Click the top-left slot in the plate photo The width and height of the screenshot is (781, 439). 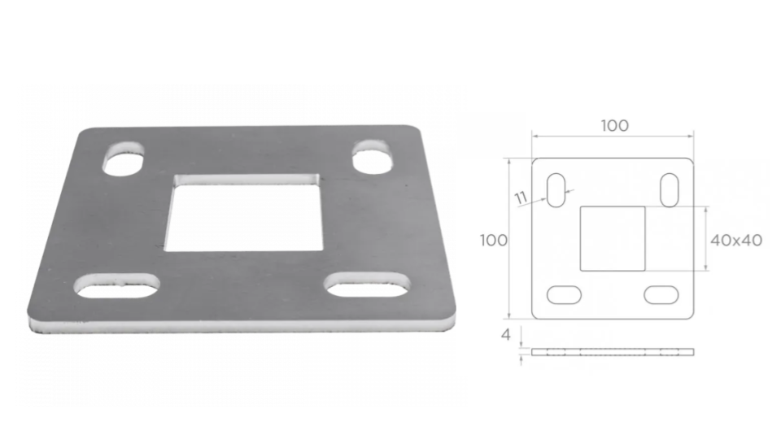coord(123,159)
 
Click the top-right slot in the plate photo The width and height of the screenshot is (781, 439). coord(373,157)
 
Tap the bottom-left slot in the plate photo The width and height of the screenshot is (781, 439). coord(117,285)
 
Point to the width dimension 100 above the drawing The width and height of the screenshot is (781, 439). coord(614,125)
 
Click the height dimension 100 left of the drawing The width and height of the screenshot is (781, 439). coord(493,240)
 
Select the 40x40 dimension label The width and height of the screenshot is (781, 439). coord(735,241)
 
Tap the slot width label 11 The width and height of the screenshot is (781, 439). coord(521,197)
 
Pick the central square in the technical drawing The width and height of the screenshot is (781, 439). coord(612,238)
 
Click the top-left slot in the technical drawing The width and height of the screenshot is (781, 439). coord(557,190)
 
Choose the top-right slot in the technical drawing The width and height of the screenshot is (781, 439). coord(670,190)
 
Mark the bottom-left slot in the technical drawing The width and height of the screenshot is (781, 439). coord(564,294)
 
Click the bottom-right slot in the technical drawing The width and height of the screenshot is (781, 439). coord(661,294)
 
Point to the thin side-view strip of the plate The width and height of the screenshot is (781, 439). coord(613,352)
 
